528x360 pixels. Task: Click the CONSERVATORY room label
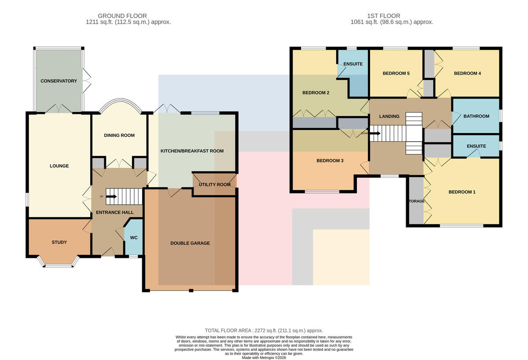[x=59, y=81]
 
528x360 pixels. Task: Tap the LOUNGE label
[x=59, y=166]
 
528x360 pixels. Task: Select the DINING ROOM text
[x=119, y=135]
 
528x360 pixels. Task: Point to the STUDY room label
[x=59, y=242]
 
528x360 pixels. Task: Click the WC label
[x=134, y=237]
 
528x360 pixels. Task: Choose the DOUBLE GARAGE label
[x=190, y=243]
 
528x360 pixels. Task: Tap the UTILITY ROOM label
[x=215, y=184]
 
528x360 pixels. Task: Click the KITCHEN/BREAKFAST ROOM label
[x=192, y=151]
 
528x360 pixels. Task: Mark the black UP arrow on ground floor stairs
[x=111, y=196]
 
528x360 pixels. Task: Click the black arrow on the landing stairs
[x=375, y=133]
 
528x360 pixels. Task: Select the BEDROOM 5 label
[x=396, y=73]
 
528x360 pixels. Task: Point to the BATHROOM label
[x=477, y=116]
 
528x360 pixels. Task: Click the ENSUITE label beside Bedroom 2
[x=353, y=64]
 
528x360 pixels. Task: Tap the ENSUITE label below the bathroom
[x=477, y=146]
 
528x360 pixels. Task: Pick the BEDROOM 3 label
[x=330, y=161]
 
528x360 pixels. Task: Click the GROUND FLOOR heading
[x=122, y=16]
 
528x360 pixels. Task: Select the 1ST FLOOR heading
[x=384, y=16]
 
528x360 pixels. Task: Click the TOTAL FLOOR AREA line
[x=264, y=331]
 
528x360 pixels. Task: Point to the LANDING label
[x=389, y=116]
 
